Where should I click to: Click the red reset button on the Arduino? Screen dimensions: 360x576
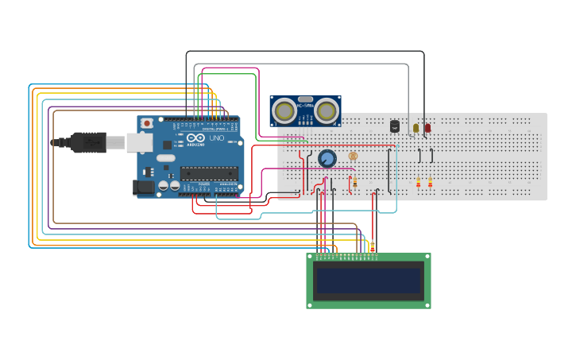pos(147,123)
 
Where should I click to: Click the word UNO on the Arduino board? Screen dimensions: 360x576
pos(216,138)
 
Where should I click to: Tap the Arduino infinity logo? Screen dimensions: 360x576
pos(197,138)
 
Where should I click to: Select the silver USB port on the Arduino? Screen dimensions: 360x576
pos(139,142)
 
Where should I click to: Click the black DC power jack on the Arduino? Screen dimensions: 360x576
pos(143,187)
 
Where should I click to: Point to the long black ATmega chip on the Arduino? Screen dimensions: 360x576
pos(209,172)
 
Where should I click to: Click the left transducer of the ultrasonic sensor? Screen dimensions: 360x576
pos(284,111)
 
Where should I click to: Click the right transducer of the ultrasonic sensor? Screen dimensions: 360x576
pos(327,111)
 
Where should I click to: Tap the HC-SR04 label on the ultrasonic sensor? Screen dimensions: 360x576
pos(305,104)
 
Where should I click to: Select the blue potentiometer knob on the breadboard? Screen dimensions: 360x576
pos(327,159)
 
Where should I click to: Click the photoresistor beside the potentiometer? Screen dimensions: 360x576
pos(353,156)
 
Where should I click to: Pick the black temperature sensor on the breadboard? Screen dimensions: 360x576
pos(394,126)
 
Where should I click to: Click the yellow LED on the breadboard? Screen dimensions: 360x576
pos(416,127)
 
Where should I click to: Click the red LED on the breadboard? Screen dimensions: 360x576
pos(427,127)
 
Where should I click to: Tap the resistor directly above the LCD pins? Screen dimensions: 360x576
pos(372,246)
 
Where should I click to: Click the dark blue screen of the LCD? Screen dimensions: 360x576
pos(369,281)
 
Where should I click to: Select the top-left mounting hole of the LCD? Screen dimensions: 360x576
pos(311,257)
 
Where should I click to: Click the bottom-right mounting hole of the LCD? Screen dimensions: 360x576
pos(427,304)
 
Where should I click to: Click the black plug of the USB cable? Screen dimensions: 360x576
pos(88,142)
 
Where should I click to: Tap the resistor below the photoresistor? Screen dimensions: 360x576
pos(354,182)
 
